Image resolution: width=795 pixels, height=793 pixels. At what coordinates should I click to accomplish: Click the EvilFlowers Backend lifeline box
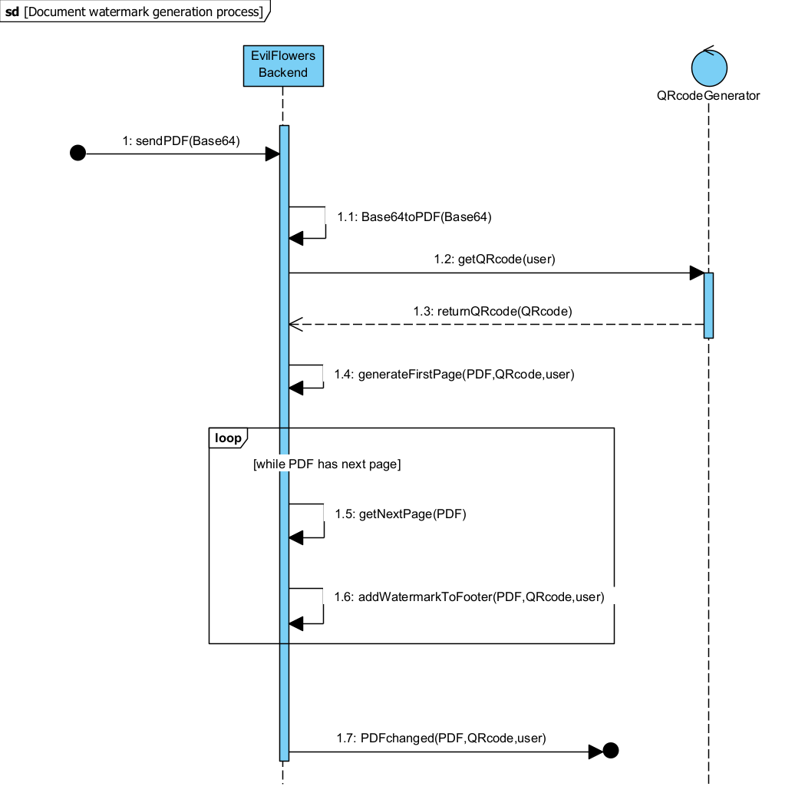click(283, 64)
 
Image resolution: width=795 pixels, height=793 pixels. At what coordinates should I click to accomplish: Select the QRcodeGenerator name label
click(708, 96)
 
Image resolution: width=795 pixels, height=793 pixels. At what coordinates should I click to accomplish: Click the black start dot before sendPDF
click(78, 154)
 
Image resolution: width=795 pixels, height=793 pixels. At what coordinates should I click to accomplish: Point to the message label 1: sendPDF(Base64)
click(181, 140)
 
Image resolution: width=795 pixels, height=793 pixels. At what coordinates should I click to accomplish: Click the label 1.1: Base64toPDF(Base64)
click(414, 216)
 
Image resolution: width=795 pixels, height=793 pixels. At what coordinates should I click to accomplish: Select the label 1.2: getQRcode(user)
click(494, 259)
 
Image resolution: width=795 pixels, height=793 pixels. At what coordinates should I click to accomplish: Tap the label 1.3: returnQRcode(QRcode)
click(493, 311)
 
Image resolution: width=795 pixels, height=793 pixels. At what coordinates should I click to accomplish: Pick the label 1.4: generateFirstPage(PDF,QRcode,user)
click(454, 374)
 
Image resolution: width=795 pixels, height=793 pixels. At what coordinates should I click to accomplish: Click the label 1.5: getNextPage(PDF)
click(401, 514)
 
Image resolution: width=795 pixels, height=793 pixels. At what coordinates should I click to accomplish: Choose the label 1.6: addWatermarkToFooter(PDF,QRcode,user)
click(470, 596)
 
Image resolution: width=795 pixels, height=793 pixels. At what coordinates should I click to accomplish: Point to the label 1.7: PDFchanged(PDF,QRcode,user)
click(441, 738)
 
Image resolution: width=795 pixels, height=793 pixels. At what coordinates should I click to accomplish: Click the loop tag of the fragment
click(227, 438)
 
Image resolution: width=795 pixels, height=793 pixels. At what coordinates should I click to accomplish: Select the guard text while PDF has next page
click(327, 464)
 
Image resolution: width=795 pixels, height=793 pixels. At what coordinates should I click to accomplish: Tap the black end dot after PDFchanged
click(611, 751)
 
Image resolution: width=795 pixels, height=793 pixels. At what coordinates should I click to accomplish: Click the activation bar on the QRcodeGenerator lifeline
click(708, 305)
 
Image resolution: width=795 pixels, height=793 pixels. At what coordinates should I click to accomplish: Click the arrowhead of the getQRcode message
click(697, 273)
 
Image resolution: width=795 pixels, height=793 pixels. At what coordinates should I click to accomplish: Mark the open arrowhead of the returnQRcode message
click(295, 325)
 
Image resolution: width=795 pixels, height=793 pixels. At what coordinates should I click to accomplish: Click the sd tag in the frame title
click(12, 12)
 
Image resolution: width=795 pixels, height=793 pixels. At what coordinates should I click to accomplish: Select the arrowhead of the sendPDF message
click(272, 154)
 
